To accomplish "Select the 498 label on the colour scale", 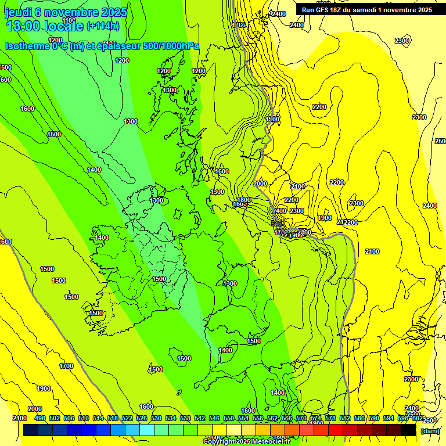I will tap(39, 418).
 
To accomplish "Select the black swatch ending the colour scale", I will tap(409, 430).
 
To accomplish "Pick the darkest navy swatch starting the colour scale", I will tap(31, 430).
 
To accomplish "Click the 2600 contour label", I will tap(430, 420).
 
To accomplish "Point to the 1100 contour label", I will tap(69, 21).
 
